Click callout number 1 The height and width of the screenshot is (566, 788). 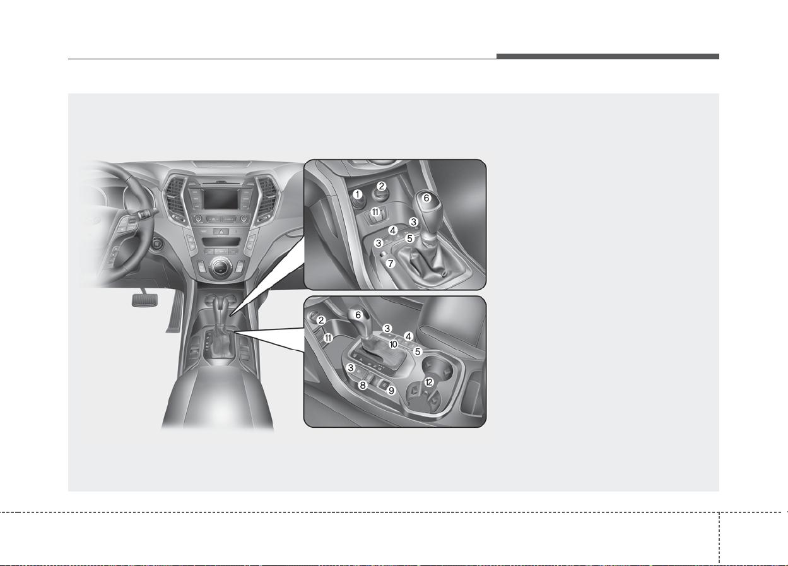pyautogui.click(x=358, y=194)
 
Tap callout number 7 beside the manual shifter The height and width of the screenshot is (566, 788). pyautogui.click(x=390, y=263)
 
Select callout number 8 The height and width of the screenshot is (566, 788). pyautogui.click(x=363, y=385)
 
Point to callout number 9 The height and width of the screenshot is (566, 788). pyautogui.click(x=391, y=391)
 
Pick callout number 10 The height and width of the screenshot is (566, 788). pyautogui.click(x=393, y=344)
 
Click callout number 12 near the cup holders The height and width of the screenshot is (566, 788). pyautogui.click(x=429, y=382)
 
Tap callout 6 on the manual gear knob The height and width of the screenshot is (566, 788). pyautogui.click(x=426, y=198)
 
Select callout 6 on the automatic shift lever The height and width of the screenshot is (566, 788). pyautogui.click(x=358, y=315)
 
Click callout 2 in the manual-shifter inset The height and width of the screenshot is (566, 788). pyautogui.click(x=381, y=186)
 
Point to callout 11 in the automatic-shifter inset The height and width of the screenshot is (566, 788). pyautogui.click(x=328, y=338)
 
